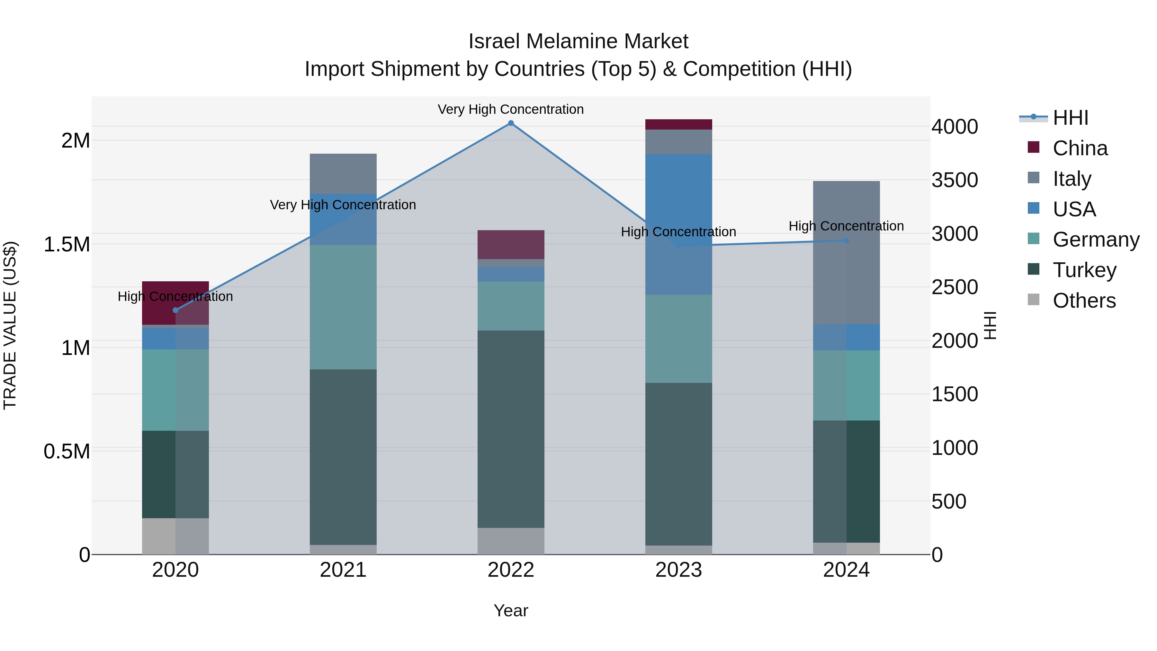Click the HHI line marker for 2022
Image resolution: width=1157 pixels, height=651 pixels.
(511, 123)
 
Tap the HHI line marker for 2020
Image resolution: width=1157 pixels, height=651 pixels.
(175, 310)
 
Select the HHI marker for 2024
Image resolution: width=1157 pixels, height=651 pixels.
(846, 240)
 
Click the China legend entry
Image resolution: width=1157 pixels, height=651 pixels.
(1080, 148)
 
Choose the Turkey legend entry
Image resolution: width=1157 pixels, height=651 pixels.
(1084, 270)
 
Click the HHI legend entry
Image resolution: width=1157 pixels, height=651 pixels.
(1070, 118)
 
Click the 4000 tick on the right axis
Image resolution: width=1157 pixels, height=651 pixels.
(955, 127)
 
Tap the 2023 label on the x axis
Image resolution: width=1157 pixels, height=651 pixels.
(678, 570)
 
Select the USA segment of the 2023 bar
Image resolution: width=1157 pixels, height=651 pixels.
(678, 225)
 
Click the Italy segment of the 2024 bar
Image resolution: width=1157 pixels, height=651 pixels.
(846, 252)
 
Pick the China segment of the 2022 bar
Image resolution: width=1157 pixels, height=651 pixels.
(511, 244)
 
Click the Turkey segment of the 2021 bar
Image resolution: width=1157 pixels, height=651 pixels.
(343, 457)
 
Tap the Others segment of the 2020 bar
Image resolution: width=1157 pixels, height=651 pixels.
(175, 536)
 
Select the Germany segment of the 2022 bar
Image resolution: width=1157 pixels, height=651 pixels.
(511, 306)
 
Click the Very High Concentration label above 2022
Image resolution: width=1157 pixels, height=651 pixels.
(511, 109)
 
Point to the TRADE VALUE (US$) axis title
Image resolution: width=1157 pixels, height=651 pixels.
(10, 325)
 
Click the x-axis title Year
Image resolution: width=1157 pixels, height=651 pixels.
(511, 610)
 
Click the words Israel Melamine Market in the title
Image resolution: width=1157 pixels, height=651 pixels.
(578, 41)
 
